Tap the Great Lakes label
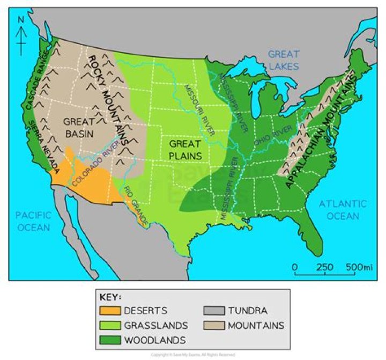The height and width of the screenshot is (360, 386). tap(283, 59)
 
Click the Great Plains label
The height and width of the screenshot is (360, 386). tap(185, 150)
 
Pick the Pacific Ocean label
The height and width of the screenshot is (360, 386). tap(33, 221)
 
